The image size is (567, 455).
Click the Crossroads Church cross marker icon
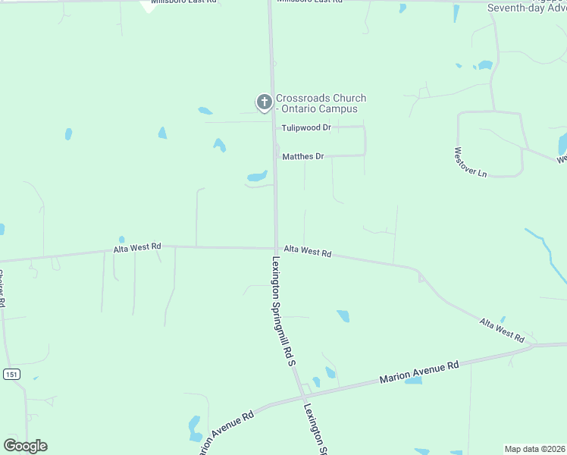(264, 102)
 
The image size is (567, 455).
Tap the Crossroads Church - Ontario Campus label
(321, 104)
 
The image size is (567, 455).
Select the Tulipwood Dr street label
(306, 128)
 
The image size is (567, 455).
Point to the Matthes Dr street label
(303, 157)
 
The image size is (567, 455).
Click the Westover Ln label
(470, 162)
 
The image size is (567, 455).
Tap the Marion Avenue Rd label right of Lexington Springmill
(419, 372)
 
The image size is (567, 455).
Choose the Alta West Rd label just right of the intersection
(307, 250)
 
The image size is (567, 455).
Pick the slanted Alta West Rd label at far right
(502, 330)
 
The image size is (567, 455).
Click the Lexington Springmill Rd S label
(282, 312)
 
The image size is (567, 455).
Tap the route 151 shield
(11, 375)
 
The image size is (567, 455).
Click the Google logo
(25, 446)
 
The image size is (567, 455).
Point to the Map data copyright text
(534, 449)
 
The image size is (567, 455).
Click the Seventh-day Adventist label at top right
(526, 8)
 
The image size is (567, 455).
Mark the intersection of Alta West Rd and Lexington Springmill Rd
(275, 248)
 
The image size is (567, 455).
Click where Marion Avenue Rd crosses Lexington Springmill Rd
(301, 395)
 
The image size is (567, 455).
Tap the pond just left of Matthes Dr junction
(257, 177)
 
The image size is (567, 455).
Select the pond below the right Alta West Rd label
(343, 315)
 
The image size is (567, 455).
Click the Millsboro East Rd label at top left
(183, 2)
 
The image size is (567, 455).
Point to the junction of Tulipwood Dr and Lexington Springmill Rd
(274, 127)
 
